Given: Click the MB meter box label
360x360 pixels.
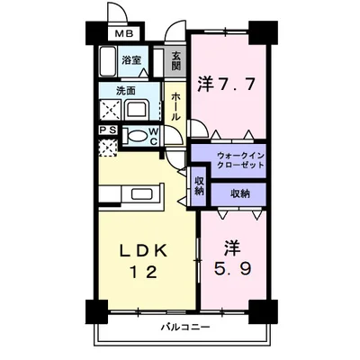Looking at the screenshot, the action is point(124,34).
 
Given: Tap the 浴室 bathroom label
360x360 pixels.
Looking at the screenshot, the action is point(131,60).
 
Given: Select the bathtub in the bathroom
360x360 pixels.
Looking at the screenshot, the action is point(107,61).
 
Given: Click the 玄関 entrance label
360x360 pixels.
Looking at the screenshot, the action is point(176,61).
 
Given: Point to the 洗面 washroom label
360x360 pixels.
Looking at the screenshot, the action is point(126,91).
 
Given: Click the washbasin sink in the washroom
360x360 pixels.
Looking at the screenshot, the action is point(138,110).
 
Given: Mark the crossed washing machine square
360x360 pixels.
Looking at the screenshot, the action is point(110,110).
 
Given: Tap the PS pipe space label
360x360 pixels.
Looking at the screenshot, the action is point(108,130).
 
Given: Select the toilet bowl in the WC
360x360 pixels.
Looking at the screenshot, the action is point(137,137).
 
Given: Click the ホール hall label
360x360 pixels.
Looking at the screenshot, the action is point(175,106).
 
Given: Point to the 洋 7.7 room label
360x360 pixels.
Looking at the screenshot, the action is point(227,85).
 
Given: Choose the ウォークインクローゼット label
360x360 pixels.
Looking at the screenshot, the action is point(241,160).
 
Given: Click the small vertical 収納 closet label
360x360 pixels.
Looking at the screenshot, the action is point(200,185).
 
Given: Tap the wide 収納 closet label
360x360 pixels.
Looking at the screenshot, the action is point(240,194).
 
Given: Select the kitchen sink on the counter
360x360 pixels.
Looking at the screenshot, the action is point(142,194).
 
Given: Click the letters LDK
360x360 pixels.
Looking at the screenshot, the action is point(143,251).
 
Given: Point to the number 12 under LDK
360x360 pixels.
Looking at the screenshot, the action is point(143,273).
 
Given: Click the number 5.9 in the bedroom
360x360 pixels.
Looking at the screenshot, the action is point(232,268).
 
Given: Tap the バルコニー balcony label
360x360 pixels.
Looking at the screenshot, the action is point(185,327).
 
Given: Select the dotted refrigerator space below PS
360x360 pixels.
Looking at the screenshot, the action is point(108,148).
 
